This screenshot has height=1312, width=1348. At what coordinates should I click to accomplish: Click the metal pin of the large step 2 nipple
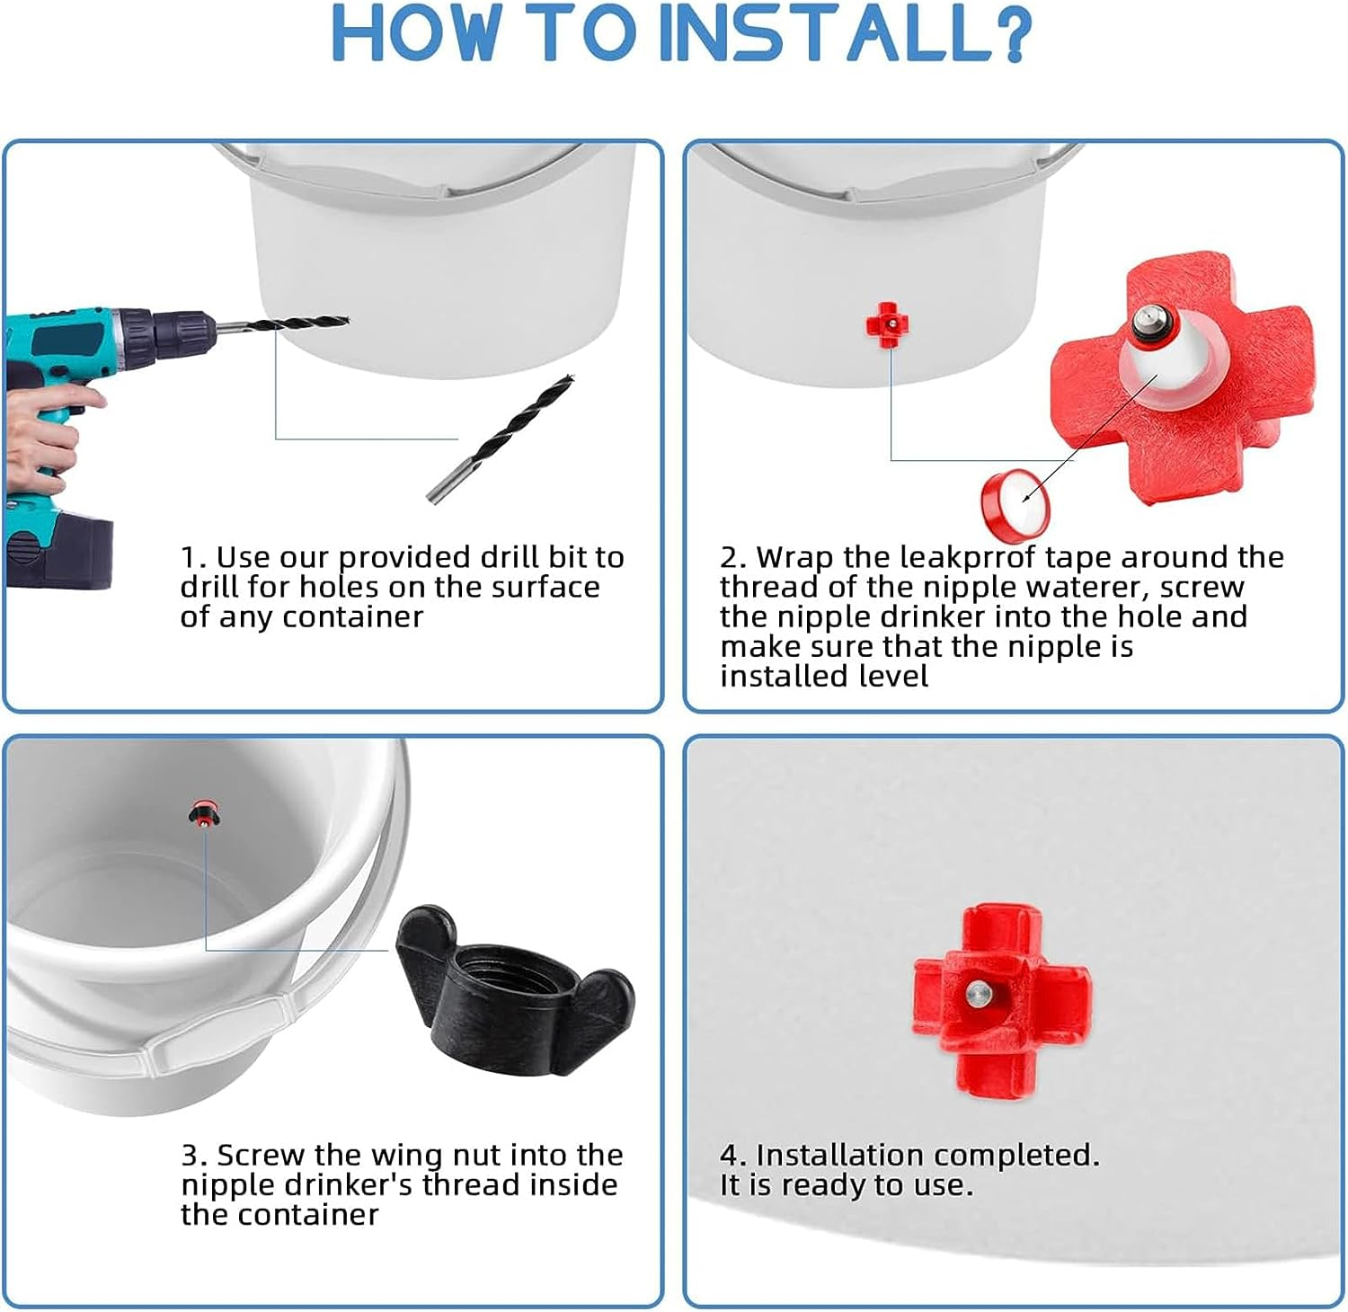click(1148, 318)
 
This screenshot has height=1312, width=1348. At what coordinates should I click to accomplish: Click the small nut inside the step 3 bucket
click(205, 814)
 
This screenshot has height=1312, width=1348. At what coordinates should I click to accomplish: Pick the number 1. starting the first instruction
click(193, 558)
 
